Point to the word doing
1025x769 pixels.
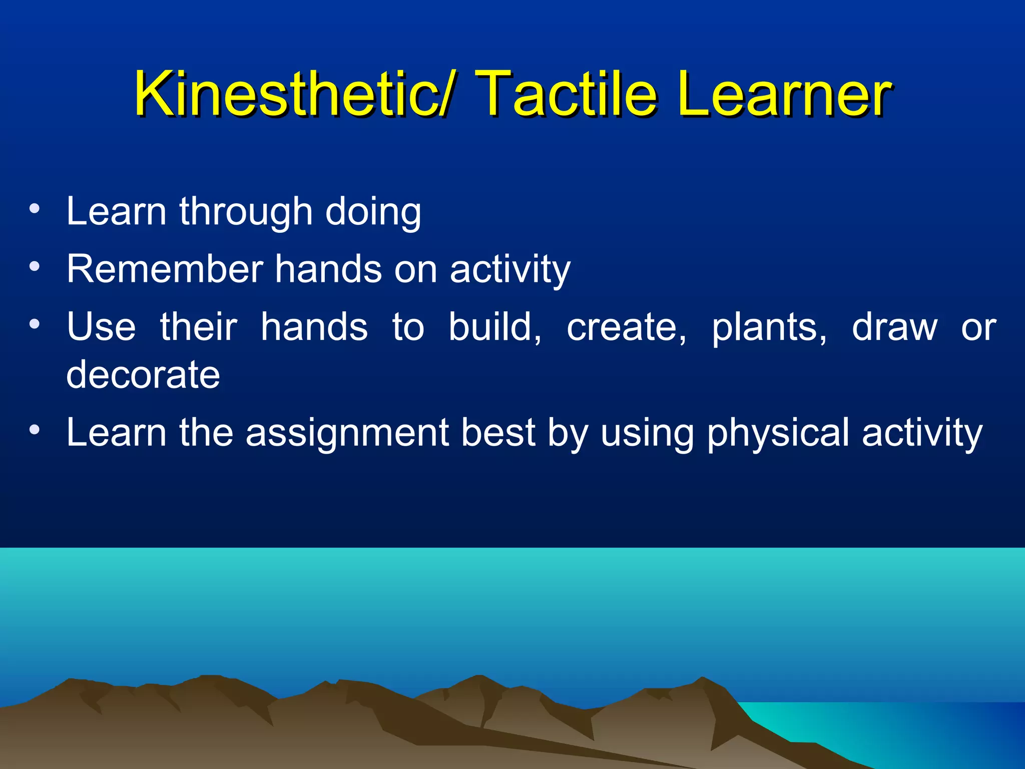click(373, 212)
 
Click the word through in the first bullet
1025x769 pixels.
click(246, 212)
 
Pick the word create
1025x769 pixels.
click(626, 328)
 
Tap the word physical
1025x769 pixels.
click(778, 433)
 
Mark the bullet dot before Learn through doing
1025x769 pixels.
click(34, 209)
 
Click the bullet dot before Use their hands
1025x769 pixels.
click(34, 325)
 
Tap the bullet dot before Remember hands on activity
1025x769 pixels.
click(34, 266)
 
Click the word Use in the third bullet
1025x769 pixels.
click(101, 327)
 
